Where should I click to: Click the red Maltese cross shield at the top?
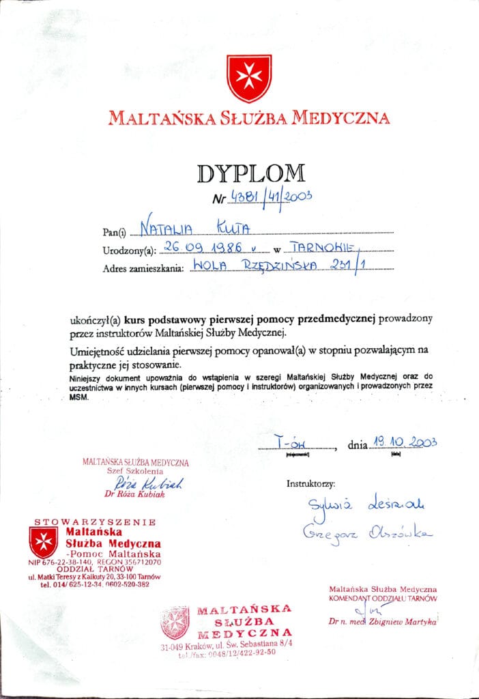(x=249, y=79)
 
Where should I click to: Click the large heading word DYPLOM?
(x=251, y=174)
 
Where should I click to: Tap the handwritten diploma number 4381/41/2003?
(x=272, y=197)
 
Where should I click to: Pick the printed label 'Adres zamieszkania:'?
(x=143, y=268)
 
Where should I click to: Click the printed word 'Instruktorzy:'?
(x=311, y=484)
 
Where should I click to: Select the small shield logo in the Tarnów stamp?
(x=44, y=542)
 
